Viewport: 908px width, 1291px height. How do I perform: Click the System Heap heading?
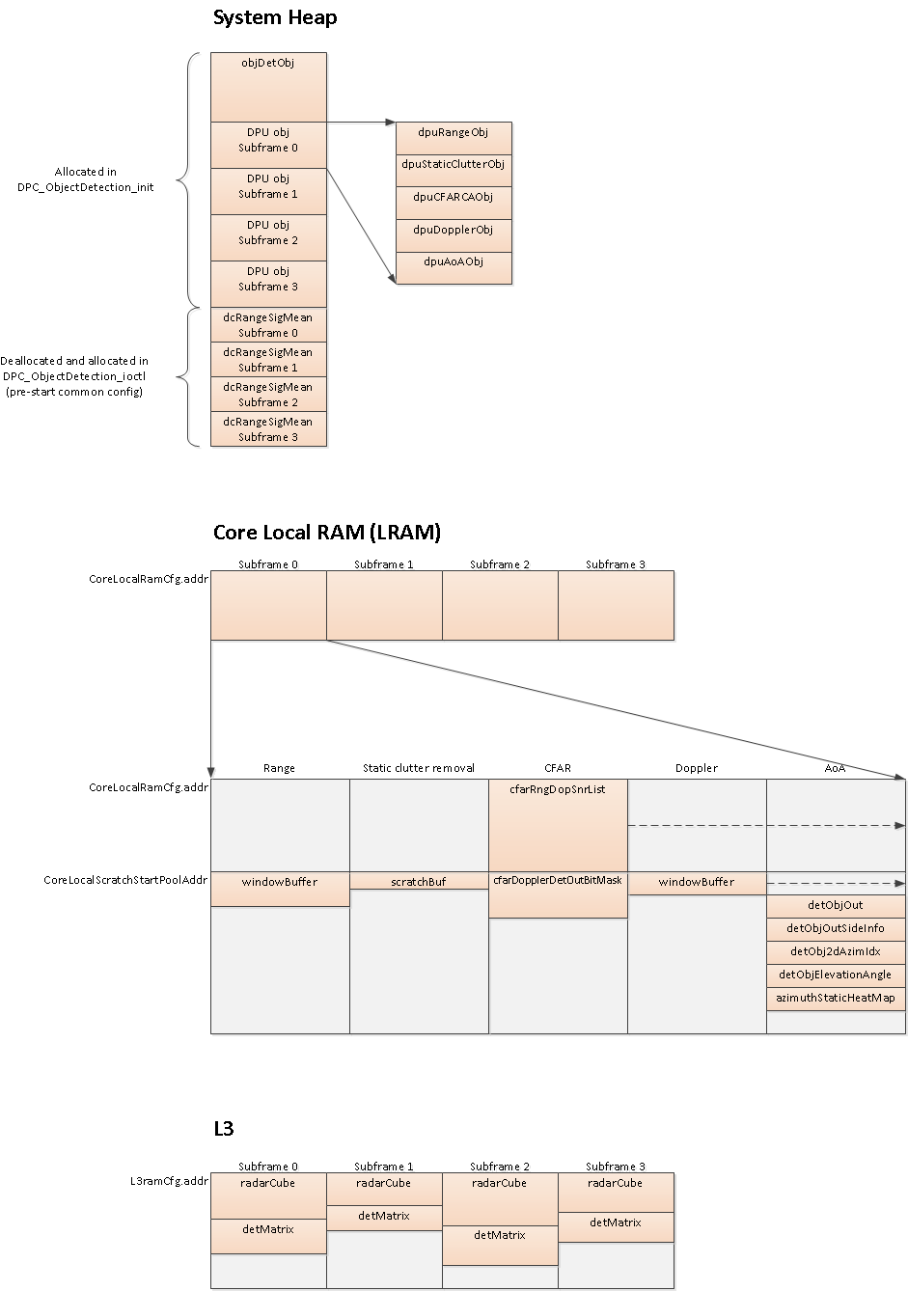coord(275,17)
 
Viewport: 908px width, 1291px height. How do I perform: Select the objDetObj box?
coord(268,86)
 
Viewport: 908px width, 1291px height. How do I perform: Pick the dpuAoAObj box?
coord(454,267)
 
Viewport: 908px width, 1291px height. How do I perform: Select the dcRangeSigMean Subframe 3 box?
coord(268,429)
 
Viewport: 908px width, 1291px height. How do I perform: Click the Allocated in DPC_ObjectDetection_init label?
coord(85,179)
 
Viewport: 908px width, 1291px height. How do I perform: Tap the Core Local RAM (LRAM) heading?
coord(326,533)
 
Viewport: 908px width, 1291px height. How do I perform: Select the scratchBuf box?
coord(419,881)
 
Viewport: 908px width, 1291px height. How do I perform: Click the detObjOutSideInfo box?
coord(836,928)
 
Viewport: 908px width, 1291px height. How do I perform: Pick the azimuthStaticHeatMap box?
coord(836,998)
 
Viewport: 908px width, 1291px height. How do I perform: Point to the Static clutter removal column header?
coord(419,768)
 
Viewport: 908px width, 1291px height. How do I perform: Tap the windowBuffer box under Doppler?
coord(697,883)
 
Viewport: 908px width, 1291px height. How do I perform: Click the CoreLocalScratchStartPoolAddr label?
coord(125,880)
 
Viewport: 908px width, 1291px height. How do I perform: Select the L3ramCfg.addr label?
coord(169,1181)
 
